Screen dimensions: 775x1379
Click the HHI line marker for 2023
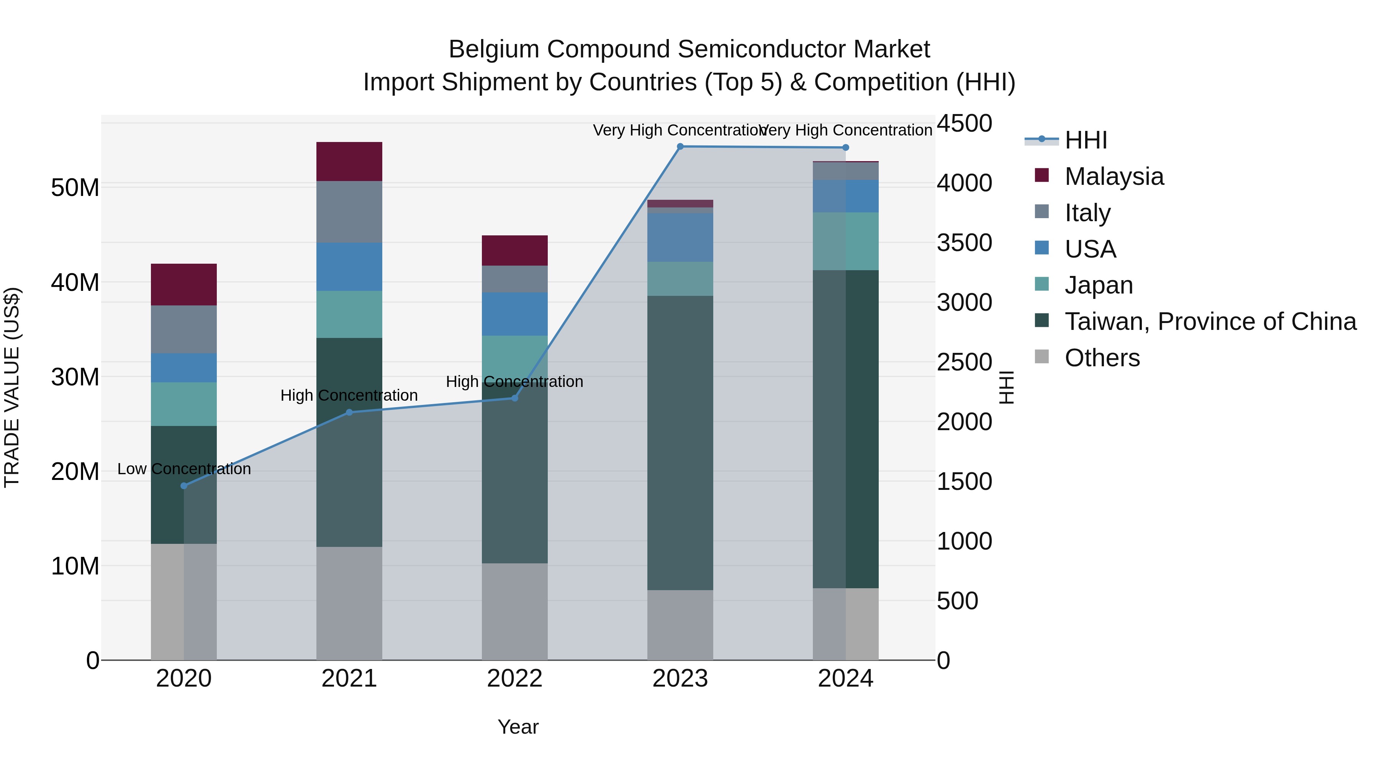click(680, 147)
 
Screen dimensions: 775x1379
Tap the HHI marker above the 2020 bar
click(184, 486)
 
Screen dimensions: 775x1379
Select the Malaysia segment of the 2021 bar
click(349, 162)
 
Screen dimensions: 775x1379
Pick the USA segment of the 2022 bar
click(514, 314)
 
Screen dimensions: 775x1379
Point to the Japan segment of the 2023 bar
click(680, 279)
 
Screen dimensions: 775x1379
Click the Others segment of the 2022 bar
click(514, 611)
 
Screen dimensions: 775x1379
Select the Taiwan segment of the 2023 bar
click(680, 442)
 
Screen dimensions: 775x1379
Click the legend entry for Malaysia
click(1114, 176)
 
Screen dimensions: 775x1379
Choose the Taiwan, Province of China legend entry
click(1210, 321)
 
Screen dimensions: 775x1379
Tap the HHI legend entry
click(1085, 140)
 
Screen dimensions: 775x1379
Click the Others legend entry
click(1102, 358)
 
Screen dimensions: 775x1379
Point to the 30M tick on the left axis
click(75, 377)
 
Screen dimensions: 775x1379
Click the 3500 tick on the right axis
click(964, 243)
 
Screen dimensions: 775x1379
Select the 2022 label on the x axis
click(514, 679)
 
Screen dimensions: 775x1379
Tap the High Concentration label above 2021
click(349, 396)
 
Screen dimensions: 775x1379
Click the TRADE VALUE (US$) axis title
click(12, 387)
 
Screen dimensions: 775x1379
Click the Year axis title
click(518, 727)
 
